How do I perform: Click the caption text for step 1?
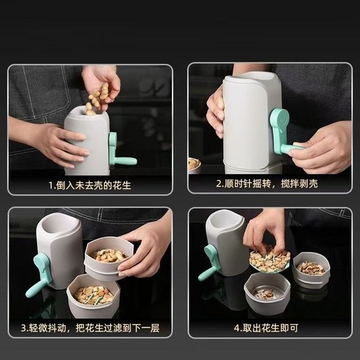[x=91, y=185]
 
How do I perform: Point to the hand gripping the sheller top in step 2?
[x=217, y=110]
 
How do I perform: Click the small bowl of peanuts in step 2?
[x=195, y=163]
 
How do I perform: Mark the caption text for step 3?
[x=91, y=329]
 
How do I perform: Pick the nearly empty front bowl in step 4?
[x=266, y=293]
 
